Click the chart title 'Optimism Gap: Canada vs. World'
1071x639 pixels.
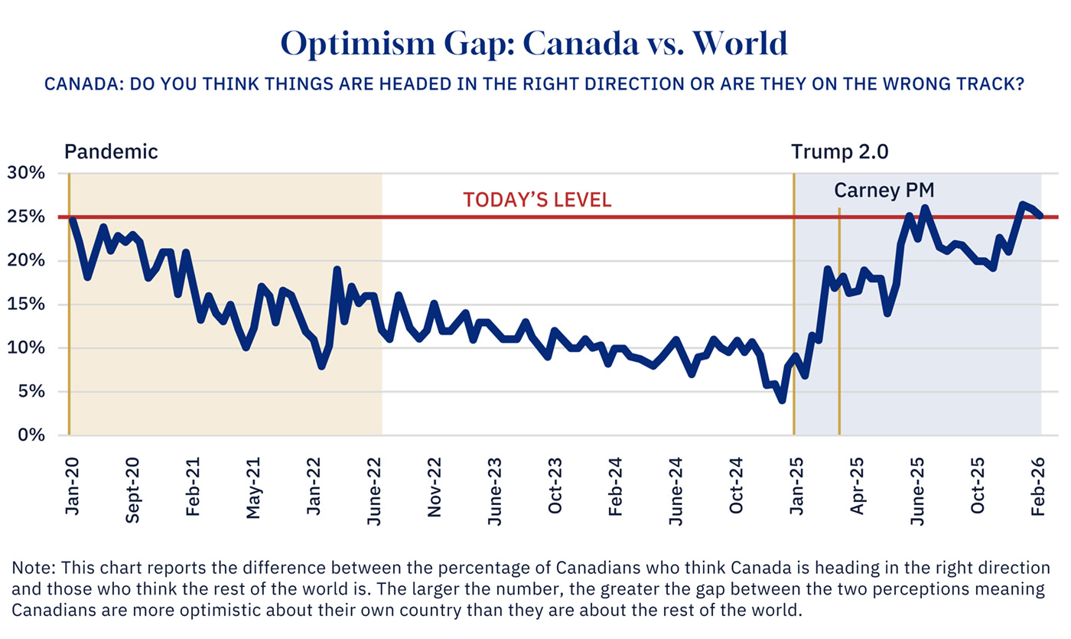click(x=535, y=44)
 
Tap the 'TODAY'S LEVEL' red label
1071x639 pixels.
click(x=537, y=201)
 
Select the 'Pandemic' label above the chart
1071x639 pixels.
click(x=111, y=152)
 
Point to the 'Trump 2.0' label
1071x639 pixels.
click(x=839, y=152)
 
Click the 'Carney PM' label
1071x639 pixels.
click(x=884, y=190)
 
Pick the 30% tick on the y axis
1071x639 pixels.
click(x=26, y=173)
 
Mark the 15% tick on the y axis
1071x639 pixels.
click(x=26, y=305)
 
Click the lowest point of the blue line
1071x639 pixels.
click(x=781, y=399)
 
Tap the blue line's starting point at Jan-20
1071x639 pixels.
click(x=71, y=220)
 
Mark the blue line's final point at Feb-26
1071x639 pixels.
click(x=1040, y=216)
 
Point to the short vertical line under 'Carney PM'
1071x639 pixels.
click(x=839, y=321)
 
